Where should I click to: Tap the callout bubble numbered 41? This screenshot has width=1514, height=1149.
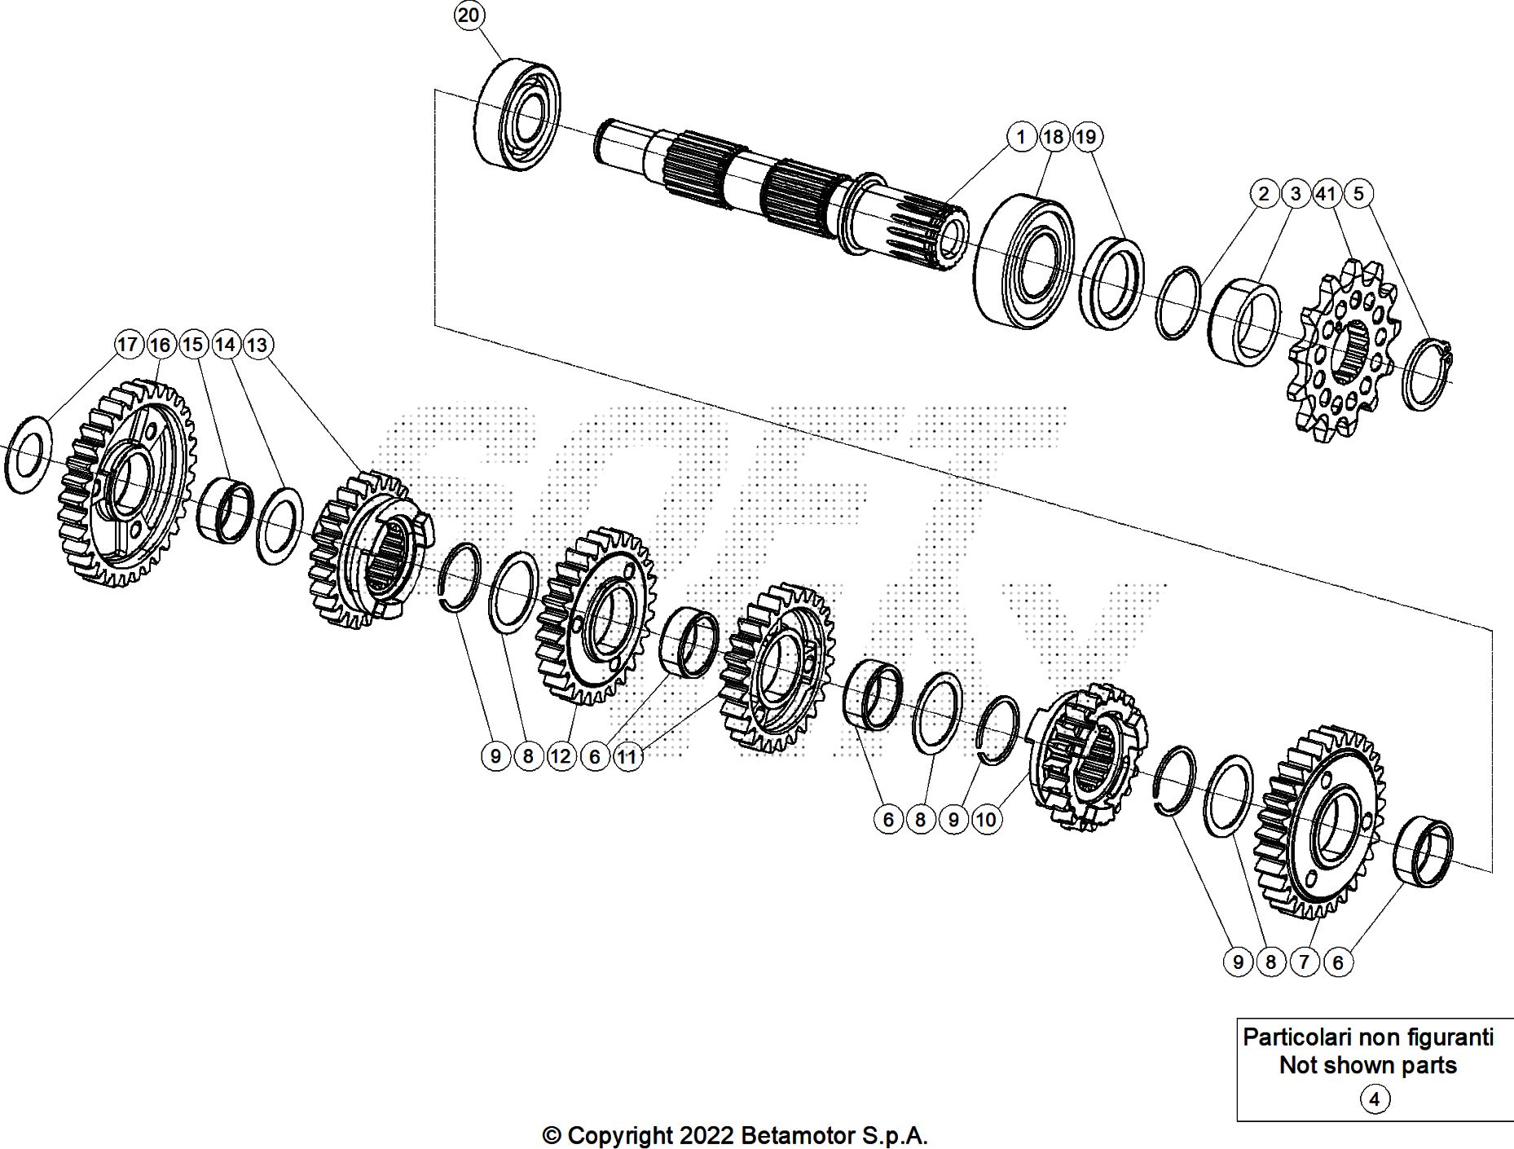click(x=1327, y=194)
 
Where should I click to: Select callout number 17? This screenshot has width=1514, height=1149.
click(x=127, y=345)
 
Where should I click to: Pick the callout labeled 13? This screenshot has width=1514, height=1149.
click(x=257, y=345)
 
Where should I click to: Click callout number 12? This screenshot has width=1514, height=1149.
click(x=561, y=756)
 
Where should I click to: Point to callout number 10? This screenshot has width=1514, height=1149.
click(x=986, y=819)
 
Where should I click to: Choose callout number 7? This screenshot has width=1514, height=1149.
click(x=1304, y=962)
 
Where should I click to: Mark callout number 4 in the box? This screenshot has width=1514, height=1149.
click(x=1374, y=1099)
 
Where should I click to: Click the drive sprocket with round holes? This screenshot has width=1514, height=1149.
click(x=1343, y=350)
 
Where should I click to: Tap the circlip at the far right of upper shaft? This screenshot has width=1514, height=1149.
click(x=1428, y=373)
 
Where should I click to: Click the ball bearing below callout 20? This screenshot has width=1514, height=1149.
click(x=518, y=114)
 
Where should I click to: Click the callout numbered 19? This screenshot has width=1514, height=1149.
click(x=1086, y=137)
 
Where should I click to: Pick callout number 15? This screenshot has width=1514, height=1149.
click(x=192, y=345)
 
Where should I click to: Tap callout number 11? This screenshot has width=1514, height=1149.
click(x=627, y=756)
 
